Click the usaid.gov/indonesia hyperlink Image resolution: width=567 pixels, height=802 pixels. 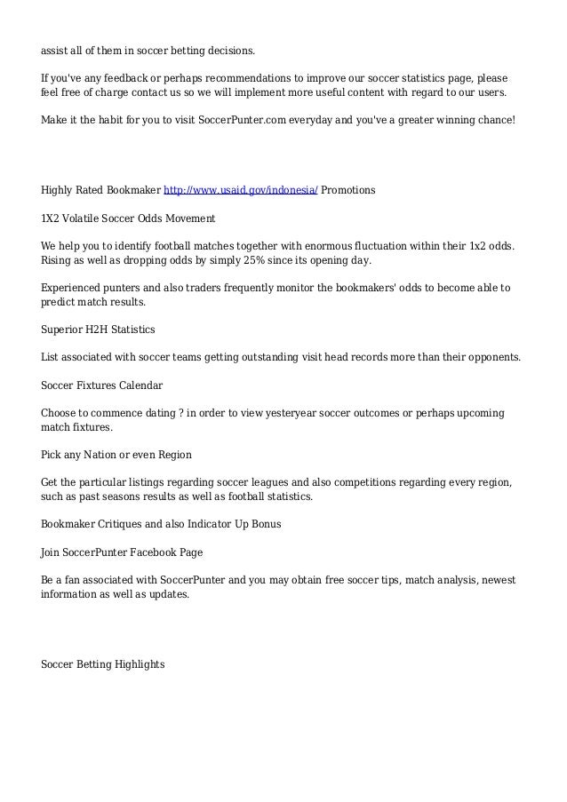click(241, 190)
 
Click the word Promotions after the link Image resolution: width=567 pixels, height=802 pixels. click(348, 190)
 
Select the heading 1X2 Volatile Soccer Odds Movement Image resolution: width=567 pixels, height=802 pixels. click(129, 218)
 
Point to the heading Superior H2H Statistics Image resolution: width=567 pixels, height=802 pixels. click(98, 330)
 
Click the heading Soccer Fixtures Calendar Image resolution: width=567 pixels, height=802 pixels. click(102, 385)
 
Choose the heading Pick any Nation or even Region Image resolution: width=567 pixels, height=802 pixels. click(116, 455)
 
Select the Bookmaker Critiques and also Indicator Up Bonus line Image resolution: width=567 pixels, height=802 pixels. click(161, 524)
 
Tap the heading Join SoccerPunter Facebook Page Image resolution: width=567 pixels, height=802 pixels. click(122, 552)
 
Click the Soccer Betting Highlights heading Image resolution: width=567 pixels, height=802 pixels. click(103, 663)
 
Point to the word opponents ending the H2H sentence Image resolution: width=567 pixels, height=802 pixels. click(492, 357)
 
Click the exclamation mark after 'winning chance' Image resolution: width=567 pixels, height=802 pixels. click(513, 119)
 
